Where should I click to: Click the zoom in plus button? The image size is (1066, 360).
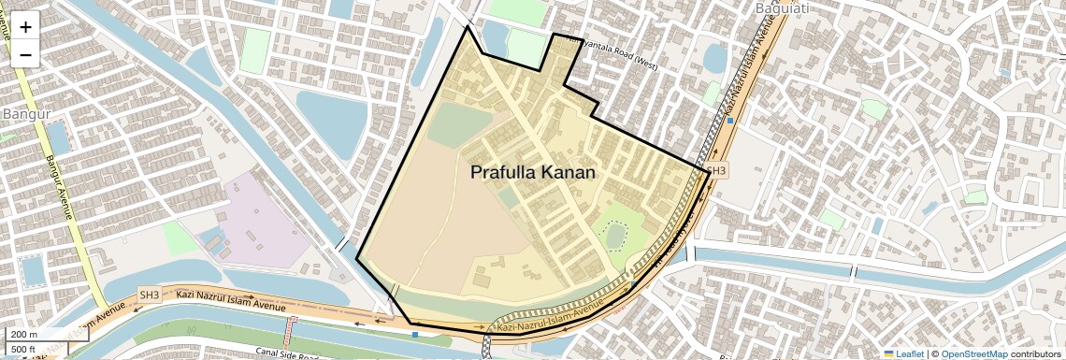tap(25, 27)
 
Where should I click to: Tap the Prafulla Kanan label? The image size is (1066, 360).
tap(532, 173)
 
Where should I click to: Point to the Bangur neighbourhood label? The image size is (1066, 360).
tap(25, 114)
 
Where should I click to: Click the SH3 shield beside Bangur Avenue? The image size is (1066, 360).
tap(150, 295)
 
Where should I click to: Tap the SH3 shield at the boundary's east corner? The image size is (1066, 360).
tap(715, 171)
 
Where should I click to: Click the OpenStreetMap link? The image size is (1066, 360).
tap(973, 353)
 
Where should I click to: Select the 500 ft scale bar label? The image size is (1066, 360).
tap(24, 350)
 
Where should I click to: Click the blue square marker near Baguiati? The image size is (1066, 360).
tap(730, 121)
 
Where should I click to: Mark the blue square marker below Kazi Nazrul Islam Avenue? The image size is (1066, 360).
tap(415, 334)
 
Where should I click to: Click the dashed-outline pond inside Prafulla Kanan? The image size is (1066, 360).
tap(614, 236)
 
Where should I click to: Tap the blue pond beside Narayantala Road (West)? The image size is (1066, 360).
tap(713, 59)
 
